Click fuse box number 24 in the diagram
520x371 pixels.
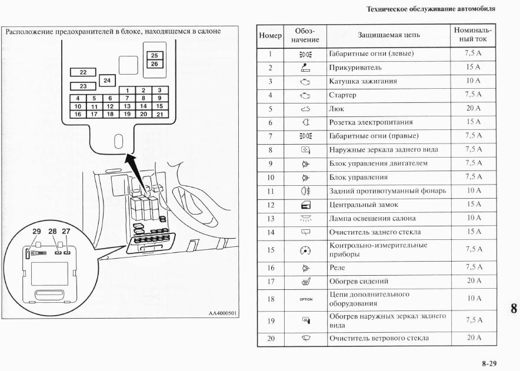click(x=106, y=79)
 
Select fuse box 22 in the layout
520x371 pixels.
click(x=83, y=72)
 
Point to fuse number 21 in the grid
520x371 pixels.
click(x=159, y=114)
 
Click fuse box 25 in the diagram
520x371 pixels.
click(x=154, y=56)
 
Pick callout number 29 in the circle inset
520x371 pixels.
click(x=36, y=232)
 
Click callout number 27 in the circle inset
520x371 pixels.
click(x=66, y=232)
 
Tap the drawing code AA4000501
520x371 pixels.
click(x=222, y=313)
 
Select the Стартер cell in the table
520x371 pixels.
click(x=342, y=95)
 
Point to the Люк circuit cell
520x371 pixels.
click(x=336, y=109)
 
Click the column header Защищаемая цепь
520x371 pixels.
click(x=389, y=36)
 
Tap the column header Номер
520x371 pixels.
click(x=271, y=36)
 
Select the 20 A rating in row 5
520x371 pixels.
click(x=473, y=108)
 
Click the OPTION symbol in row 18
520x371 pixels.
click(x=306, y=299)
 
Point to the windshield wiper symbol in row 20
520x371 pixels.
click(x=306, y=338)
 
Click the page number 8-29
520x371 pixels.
click(x=491, y=364)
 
